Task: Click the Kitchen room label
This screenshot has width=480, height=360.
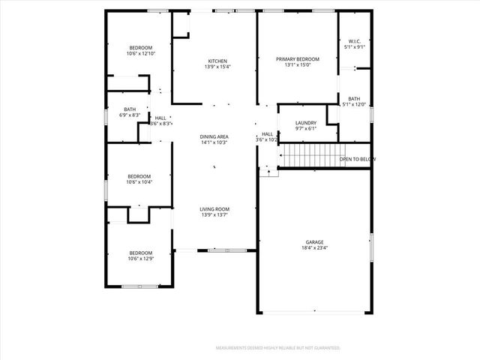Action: coord(217,61)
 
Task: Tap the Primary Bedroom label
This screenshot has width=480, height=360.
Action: coord(297,59)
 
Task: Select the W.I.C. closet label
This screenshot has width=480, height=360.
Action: coord(355,41)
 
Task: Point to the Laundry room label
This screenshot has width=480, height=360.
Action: coord(306,123)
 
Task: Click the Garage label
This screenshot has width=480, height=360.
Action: coord(314,241)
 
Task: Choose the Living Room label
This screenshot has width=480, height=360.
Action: coord(214,209)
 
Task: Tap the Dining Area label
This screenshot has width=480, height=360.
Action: coord(214,136)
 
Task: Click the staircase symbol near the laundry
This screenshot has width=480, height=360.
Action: coord(309,157)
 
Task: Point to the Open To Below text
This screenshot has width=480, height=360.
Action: coord(357,159)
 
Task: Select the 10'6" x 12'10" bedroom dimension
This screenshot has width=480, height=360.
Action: coord(140,53)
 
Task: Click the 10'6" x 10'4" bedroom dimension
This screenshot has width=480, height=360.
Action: coord(139,182)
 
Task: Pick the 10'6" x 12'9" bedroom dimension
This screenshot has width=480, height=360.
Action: coord(140,259)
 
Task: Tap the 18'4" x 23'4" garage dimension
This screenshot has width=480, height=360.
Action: coord(314,247)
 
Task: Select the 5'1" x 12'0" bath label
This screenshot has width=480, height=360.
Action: coord(354,104)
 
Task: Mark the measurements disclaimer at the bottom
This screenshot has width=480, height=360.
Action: coord(278,348)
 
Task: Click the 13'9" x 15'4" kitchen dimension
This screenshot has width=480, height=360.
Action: coord(217,67)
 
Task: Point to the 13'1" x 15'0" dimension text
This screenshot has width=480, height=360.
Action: coord(297,65)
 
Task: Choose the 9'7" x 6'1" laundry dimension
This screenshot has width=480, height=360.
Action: coord(306,128)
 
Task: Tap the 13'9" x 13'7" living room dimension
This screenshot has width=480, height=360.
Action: coord(214,215)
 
